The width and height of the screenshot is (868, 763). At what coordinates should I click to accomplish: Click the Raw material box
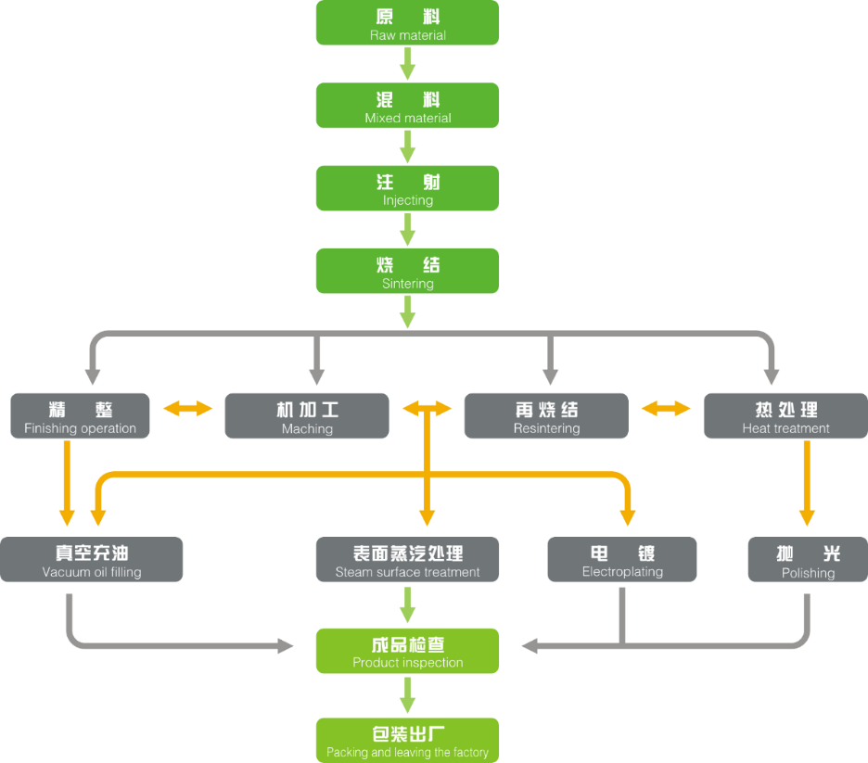pos(407,23)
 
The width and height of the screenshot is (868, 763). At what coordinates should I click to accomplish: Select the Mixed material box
pos(407,106)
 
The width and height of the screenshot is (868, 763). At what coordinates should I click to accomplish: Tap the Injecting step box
pos(407,188)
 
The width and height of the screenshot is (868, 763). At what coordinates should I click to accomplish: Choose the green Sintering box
pos(407,271)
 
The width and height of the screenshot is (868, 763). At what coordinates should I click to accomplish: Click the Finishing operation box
pos(80,416)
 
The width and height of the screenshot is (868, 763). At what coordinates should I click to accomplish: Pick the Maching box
pos(307,416)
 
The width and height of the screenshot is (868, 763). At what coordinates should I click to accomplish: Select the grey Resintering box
pos(546,416)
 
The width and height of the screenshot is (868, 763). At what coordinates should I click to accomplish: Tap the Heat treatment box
pos(785,416)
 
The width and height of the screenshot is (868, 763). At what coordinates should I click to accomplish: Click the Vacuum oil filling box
pos(92,560)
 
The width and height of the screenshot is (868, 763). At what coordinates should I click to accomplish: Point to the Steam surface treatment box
pos(407,560)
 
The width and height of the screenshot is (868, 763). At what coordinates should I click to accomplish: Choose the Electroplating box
pos(622,560)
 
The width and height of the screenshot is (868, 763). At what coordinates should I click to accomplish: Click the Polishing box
pos(808,560)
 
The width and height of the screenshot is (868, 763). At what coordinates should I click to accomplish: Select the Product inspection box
pos(407,651)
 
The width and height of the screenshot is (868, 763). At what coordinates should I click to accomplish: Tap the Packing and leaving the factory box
pos(407,740)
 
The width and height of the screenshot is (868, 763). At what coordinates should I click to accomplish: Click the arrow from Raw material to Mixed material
pos(407,64)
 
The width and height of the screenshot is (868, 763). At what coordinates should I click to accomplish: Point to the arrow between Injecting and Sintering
pos(407,229)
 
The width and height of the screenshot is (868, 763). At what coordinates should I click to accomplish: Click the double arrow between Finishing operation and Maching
pos(188,408)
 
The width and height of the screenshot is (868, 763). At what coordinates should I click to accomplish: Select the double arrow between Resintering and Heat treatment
pos(667,408)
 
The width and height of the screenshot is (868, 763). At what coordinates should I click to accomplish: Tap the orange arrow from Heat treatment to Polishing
pos(807,482)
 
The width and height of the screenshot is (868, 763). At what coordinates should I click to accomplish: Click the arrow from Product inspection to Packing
pos(407,694)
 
